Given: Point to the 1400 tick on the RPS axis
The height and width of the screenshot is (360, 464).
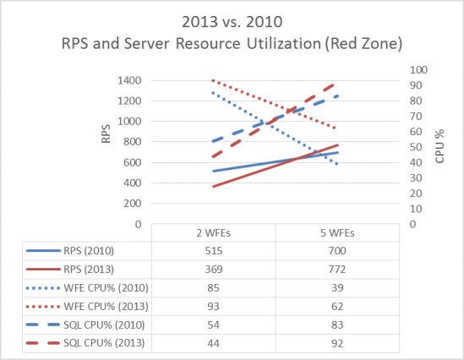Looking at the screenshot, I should click(x=128, y=80).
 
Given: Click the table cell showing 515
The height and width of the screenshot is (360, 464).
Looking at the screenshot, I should click(x=214, y=250).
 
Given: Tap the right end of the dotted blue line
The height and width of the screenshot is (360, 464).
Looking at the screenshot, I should click(x=338, y=164).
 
